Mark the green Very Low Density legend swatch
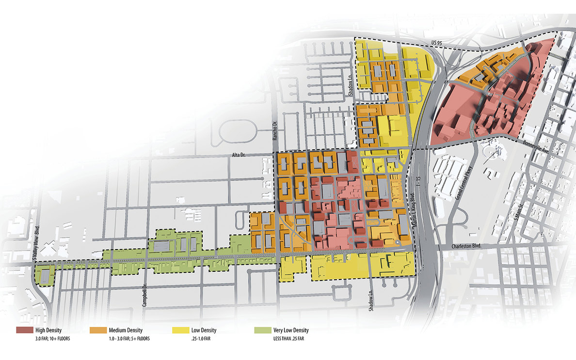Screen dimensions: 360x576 click(x=262, y=330)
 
